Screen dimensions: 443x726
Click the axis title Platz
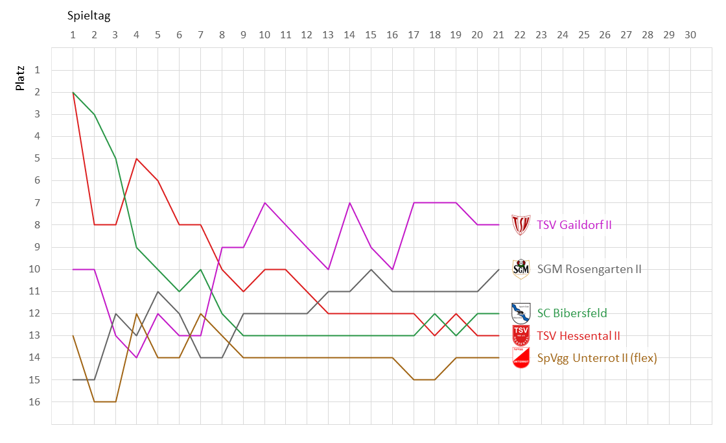pos(21,77)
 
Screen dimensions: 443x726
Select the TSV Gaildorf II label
pos(574,225)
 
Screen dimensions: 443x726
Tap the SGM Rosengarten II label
pos(589,269)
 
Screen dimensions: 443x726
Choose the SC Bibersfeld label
pos(572,313)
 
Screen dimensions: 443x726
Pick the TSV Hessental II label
pos(578,335)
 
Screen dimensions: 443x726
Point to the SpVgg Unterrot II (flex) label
pos(596,357)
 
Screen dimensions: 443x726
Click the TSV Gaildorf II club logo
pos(521,225)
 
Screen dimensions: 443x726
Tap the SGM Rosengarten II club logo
pos(521,269)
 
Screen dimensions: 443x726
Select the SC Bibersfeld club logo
pos(521,313)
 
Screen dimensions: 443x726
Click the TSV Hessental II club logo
pos(521,335)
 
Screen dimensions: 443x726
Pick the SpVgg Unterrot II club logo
pos(521,358)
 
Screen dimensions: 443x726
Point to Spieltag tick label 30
pos(690,35)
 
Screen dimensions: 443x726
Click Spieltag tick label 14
pos(349,35)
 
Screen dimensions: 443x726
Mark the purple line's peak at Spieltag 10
pos(264,202)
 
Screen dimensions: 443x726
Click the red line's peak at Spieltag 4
pos(137,158)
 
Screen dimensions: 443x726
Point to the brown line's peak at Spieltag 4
pos(137,313)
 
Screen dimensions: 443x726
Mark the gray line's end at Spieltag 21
pos(498,269)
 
